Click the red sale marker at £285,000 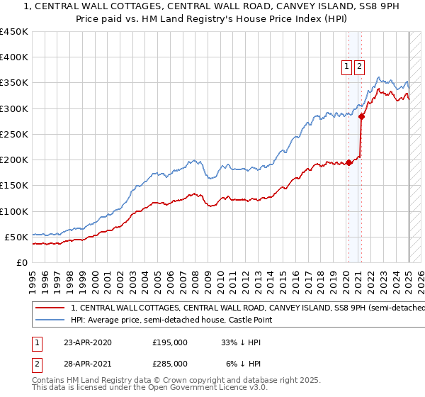361,116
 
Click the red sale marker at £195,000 348,162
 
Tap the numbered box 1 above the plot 347,67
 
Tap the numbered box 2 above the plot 359,67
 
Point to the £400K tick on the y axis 14,57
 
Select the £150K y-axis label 14,186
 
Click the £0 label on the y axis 22,262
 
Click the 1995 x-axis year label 32,279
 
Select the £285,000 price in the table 170,363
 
